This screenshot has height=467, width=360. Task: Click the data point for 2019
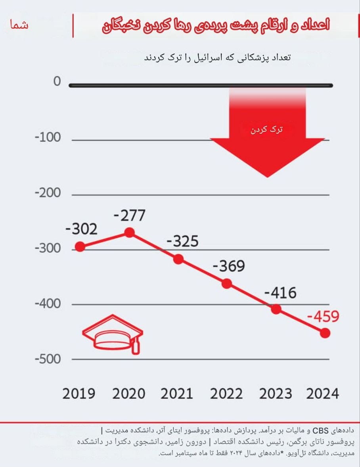80,246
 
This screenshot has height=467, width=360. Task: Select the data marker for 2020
130,233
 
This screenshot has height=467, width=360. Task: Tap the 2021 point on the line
178,259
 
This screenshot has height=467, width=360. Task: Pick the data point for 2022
227,283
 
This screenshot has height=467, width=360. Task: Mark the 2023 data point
276,309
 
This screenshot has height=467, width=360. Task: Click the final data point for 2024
325,333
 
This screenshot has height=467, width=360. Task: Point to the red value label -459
323,317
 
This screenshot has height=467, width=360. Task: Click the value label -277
130,216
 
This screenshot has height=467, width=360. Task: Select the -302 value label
80,229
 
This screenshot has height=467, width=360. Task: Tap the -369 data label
229,266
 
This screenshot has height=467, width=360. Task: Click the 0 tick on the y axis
57,82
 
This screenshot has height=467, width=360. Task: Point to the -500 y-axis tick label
48,359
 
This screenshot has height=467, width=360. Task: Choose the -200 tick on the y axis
48,193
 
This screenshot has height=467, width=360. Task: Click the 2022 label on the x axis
226,394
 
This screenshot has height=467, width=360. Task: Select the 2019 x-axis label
79,394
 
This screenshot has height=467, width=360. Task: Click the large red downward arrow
268,135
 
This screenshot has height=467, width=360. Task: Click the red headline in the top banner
216,26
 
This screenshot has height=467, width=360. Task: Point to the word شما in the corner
20,25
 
